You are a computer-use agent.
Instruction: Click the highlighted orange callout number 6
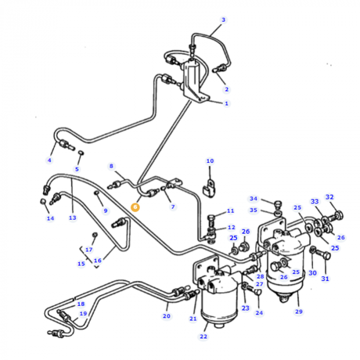[x=135, y=207]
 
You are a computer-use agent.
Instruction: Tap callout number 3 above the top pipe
[x=223, y=20]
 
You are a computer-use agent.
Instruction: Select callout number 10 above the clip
[x=210, y=161]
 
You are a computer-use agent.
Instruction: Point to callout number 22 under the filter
[x=204, y=336]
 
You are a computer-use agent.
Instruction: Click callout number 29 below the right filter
[x=299, y=312]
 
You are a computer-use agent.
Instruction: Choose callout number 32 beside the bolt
[x=330, y=197]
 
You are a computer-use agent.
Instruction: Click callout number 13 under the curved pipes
[x=72, y=218]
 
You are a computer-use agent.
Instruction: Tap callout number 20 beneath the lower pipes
[x=167, y=316]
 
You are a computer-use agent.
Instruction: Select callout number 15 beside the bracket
[x=81, y=264]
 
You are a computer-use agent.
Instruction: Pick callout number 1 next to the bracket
[x=226, y=103]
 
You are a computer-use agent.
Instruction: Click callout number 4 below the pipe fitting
[x=49, y=160]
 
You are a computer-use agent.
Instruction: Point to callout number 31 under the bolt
[x=325, y=279]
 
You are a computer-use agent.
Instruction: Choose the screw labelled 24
[x=257, y=293]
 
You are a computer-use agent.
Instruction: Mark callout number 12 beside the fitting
[x=231, y=227]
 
